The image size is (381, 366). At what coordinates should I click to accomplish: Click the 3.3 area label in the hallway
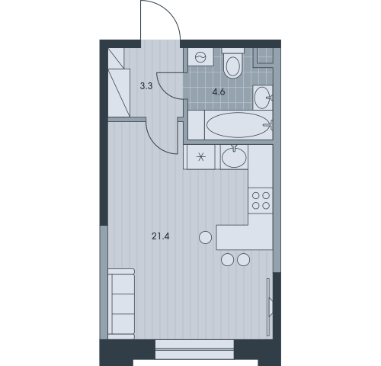146,86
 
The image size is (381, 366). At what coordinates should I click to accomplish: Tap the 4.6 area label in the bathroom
219,91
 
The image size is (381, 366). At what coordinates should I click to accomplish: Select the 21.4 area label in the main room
161,236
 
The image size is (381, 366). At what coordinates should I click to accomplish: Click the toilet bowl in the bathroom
233,63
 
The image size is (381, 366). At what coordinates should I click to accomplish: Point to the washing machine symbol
200,57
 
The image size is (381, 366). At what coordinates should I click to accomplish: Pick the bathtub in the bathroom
239,125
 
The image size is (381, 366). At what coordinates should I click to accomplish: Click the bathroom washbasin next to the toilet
263,98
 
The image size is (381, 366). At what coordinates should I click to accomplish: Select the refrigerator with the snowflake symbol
200,157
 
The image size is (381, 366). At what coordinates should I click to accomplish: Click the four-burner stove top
261,201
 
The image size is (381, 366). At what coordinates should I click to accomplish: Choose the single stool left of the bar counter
206,238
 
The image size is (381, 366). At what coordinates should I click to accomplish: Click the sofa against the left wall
121,303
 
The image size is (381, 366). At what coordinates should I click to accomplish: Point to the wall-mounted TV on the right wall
269,307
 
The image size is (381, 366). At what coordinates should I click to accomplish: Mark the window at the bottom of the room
194,350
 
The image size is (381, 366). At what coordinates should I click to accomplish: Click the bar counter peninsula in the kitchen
245,237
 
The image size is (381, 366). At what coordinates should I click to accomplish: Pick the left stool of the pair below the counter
228,260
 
